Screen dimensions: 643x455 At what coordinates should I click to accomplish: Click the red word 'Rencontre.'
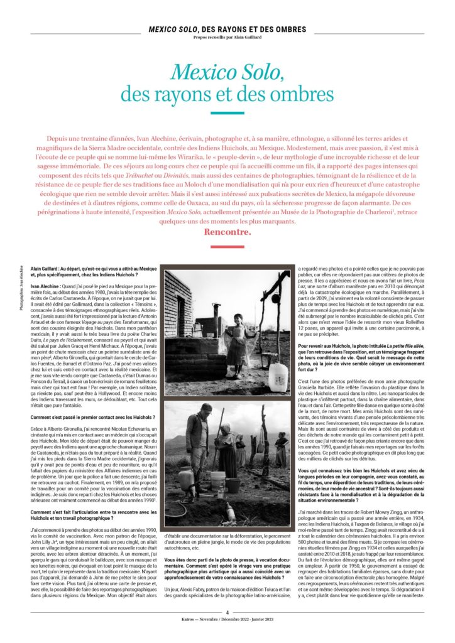click(x=227, y=232)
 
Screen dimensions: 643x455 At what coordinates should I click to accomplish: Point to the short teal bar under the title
click(x=227, y=114)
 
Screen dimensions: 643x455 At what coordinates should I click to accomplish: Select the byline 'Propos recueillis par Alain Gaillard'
click(x=227, y=36)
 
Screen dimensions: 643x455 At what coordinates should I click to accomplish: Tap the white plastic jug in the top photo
click(x=277, y=376)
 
